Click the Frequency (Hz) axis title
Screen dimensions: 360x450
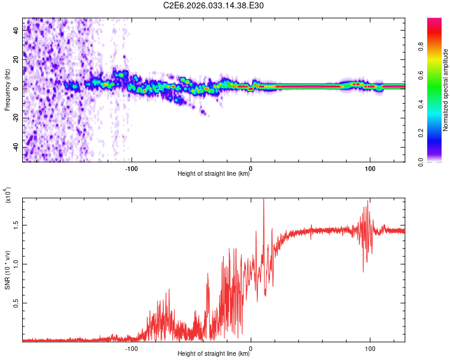[7, 89]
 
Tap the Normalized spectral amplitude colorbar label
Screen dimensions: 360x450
[446, 90]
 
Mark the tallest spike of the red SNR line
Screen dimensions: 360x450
[263, 200]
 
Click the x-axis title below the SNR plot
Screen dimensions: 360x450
[214, 354]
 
